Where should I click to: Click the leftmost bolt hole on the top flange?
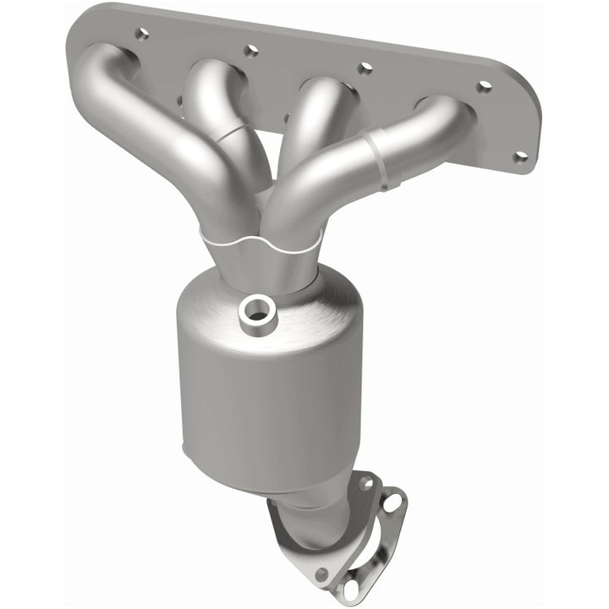(x=141, y=34)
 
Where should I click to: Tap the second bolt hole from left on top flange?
(x=250, y=51)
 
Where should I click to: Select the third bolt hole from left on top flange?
(x=365, y=69)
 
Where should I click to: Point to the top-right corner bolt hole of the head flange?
(x=484, y=86)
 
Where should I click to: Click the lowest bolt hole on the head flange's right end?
(x=520, y=156)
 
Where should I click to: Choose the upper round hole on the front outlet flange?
(x=365, y=483)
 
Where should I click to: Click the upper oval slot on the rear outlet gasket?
(x=393, y=503)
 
